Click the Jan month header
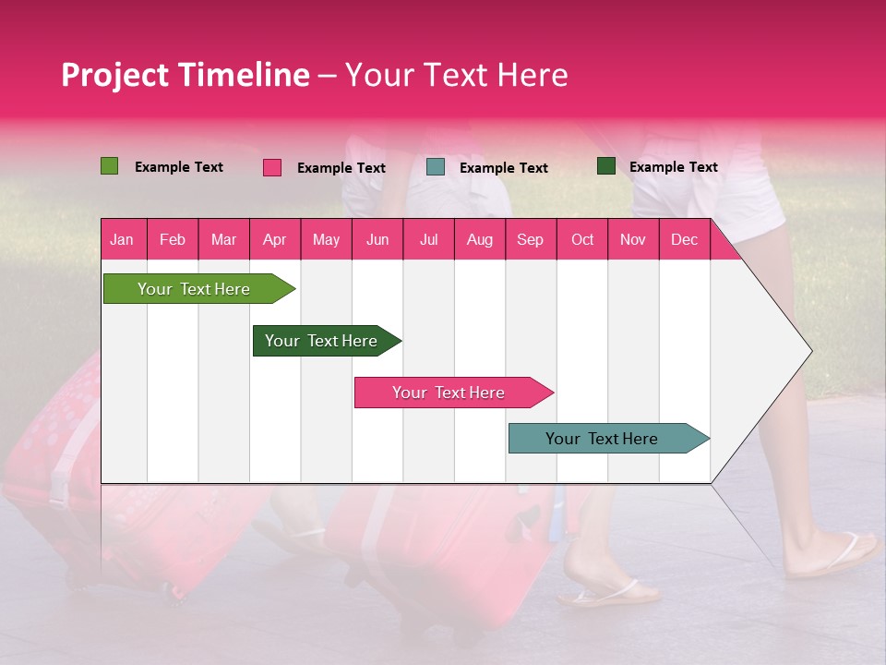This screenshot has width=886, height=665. coord(122,239)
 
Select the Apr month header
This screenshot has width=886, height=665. coord(274,239)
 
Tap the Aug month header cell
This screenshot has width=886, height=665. coord(479,239)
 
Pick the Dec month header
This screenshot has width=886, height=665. coord(684,239)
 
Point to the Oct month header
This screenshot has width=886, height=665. coord(582,239)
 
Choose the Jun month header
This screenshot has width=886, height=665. coord(377,239)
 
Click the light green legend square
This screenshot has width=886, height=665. coord(109,166)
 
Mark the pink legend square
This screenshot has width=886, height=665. coord(271,167)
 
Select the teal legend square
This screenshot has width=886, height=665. coord(436,167)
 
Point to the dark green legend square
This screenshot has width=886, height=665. coord(605,166)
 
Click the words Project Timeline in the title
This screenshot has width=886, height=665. coord(185,75)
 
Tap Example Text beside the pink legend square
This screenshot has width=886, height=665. coord(341,168)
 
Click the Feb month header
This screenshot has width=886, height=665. coord(173,239)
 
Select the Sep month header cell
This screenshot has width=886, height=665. coord(530,239)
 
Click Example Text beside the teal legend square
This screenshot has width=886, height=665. coord(503,168)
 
